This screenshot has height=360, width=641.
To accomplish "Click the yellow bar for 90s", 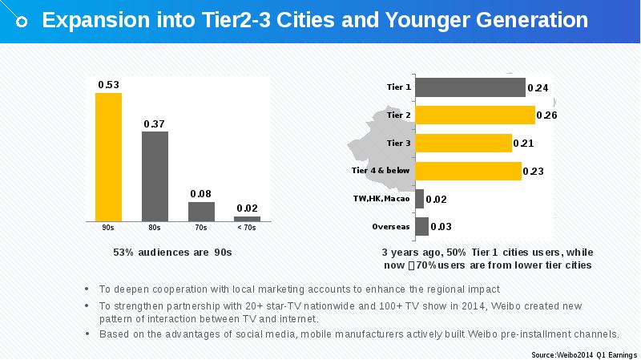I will [x=108, y=156].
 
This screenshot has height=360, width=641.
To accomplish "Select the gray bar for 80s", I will [x=155, y=176].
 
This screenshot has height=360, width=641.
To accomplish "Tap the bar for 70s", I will [x=201, y=211].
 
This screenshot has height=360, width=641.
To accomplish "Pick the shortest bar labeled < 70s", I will [x=247, y=218].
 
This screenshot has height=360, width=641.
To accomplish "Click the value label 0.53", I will [x=108, y=85].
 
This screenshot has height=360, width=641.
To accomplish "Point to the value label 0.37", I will [x=154, y=123].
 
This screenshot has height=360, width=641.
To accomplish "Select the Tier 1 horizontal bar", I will [x=470, y=87].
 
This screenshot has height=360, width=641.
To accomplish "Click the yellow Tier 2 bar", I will [x=475, y=115].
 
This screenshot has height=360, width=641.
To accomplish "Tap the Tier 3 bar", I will [x=464, y=143].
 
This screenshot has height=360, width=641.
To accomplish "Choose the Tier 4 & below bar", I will [x=469, y=171].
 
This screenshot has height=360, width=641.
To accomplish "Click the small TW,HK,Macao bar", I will [x=420, y=198].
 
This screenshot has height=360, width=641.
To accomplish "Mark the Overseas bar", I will [x=422, y=226].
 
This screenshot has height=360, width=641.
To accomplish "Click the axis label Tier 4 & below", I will [x=381, y=171].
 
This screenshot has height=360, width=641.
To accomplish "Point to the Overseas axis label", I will [x=391, y=226].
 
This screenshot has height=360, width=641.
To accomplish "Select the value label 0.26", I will [x=546, y=115].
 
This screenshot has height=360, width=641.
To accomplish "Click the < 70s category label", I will [x=247, y=228].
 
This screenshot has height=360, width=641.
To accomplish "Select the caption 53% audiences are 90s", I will [x=172, y=253].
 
